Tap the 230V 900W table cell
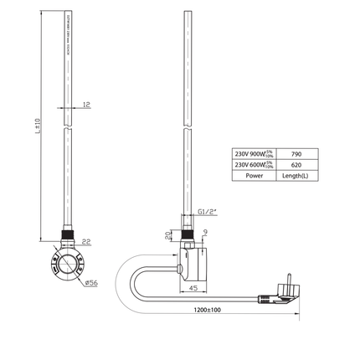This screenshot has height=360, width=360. coord(254,155)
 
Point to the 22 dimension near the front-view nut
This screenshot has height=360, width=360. coord(86,242)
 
